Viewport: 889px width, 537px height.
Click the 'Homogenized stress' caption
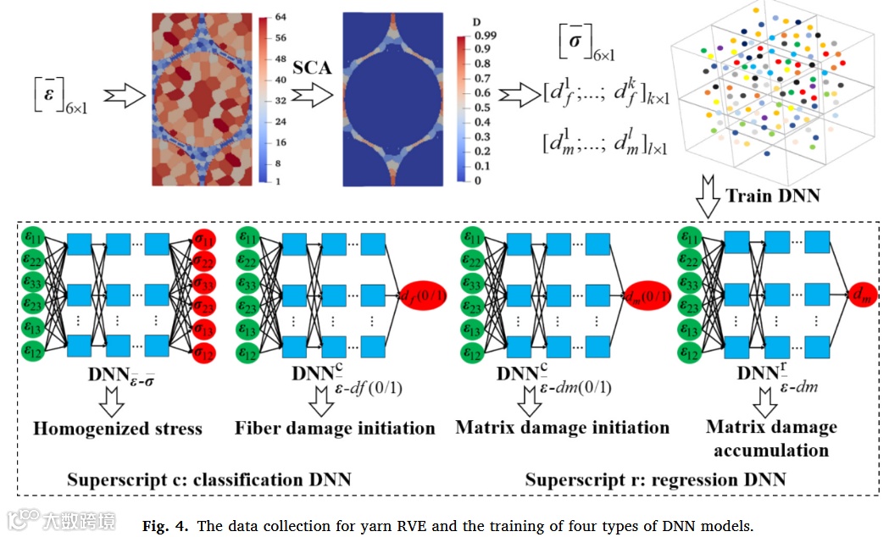pos(118,429)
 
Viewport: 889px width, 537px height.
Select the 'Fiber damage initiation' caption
pos(335,429)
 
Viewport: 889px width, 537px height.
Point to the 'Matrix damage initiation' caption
pos(562,427)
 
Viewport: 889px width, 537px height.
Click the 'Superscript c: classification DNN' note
pos(209,479)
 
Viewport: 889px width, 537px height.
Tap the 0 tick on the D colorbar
pos(478,180)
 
